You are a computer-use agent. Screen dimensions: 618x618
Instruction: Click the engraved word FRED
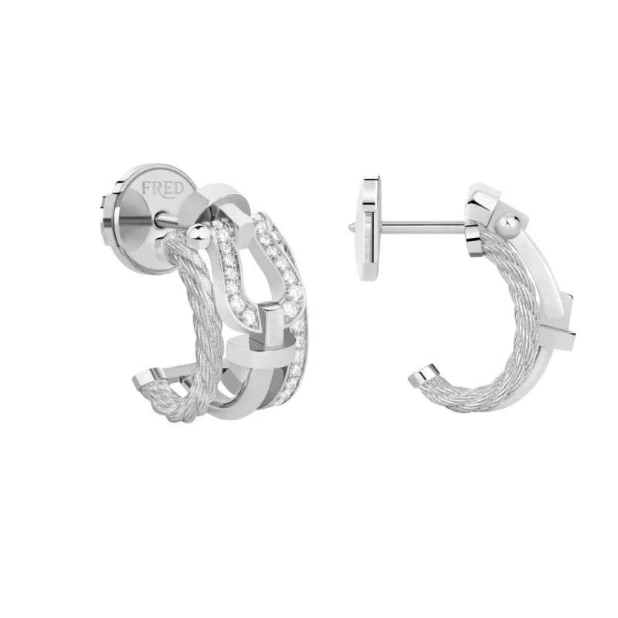click(x=163, y=188)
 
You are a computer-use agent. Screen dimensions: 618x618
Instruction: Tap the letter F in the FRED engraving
click(x=147, y=188)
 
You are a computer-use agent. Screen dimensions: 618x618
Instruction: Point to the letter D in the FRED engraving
click(x=178, y=188)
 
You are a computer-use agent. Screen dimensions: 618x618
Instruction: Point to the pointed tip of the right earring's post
click(x=350, y=226)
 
